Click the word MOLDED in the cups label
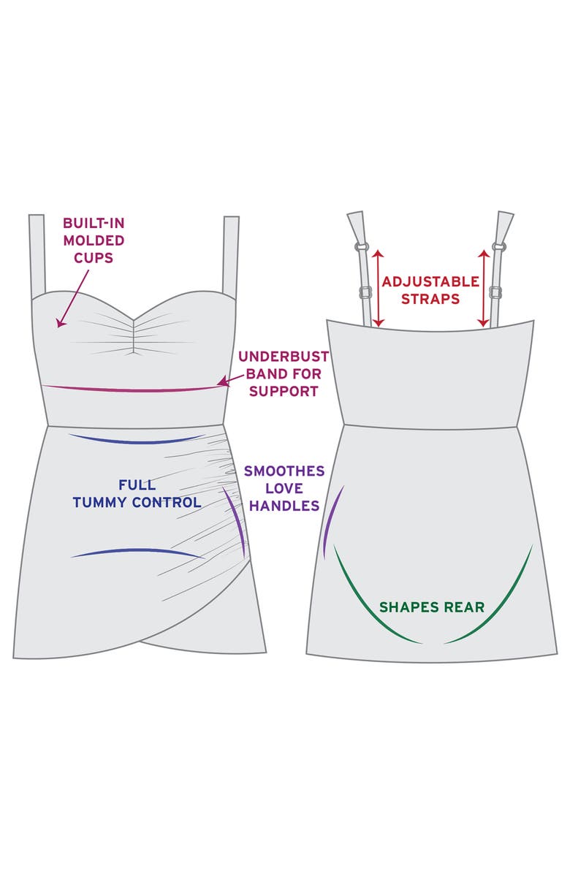(94, 240)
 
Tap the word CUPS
(94, 258)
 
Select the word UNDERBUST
(284, 357)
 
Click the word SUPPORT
(284, 391)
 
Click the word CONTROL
(170, 503)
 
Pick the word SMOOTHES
(283, 471)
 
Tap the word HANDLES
(283, 506)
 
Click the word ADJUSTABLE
(431, 281)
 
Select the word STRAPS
(431, 299)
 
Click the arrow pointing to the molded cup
(73, 297)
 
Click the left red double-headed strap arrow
(379, 288)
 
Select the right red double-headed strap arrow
(483, 288)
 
